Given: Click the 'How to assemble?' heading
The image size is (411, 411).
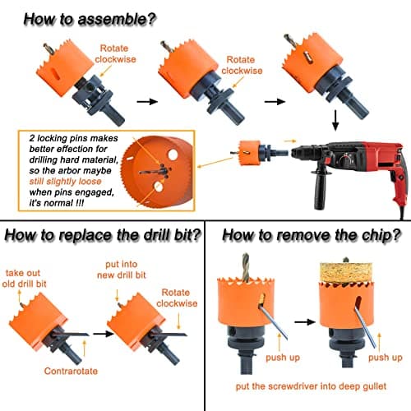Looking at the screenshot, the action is point(90,19).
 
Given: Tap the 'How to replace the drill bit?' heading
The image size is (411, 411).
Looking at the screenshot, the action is point(103,235).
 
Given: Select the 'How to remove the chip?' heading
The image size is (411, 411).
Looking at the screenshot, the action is point(312,235).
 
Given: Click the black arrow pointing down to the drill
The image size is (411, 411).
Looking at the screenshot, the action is point(335,120).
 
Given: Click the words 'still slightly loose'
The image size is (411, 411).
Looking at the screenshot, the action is point(65,182).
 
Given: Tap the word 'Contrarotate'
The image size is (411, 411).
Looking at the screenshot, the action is point(71,371).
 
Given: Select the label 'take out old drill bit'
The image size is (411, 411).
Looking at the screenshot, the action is point(24,279).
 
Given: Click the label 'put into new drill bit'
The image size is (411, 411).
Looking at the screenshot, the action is point(122,270).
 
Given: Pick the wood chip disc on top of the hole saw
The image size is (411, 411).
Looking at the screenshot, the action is point(346,272).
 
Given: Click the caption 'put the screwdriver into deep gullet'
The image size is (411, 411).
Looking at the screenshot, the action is point(311,386).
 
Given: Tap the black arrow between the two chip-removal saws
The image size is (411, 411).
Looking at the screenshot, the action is point(305,322).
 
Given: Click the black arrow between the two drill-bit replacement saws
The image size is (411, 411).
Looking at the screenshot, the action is point(104,334).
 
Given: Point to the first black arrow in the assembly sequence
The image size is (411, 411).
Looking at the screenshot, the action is point(147,102).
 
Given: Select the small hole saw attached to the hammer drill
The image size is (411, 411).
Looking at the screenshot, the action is point(249,152).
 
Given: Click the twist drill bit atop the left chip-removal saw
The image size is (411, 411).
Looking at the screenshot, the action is point(246,268).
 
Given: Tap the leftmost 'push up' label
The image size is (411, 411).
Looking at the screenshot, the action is point(283,358).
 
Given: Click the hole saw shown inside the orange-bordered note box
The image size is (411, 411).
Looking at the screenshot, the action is point(156,171).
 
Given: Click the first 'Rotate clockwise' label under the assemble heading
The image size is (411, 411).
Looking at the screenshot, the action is point(115,53).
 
